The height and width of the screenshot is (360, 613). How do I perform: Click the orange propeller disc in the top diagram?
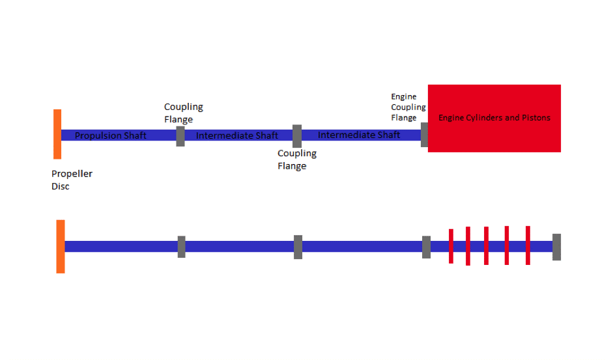57,134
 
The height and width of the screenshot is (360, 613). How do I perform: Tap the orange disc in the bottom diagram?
61,246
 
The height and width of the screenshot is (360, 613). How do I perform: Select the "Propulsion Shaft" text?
111,135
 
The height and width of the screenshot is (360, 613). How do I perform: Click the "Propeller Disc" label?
72,180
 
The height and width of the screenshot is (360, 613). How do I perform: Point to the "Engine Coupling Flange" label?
408,107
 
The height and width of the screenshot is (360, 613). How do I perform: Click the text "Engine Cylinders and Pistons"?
494,118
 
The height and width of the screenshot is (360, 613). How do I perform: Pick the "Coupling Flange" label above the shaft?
183,113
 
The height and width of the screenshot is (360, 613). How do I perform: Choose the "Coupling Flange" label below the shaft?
296,159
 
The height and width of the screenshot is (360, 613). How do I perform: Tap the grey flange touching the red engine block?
424,135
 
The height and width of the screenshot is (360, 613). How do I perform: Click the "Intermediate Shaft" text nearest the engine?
359,135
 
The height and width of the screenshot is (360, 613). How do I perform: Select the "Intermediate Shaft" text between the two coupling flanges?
237,135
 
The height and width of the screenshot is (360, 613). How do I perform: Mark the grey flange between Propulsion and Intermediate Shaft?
180,137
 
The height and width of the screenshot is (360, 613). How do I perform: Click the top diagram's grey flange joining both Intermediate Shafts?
297,136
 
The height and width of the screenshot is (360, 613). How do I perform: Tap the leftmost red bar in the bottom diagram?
451,246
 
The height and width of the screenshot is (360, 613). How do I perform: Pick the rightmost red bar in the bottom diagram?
528,245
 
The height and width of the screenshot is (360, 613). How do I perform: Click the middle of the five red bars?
487,246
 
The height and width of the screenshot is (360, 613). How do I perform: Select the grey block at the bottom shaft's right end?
557,247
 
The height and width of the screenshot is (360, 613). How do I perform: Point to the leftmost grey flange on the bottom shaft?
181,247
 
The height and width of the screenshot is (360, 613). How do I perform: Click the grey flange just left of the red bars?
427,247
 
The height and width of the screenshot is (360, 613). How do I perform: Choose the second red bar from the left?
468,246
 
